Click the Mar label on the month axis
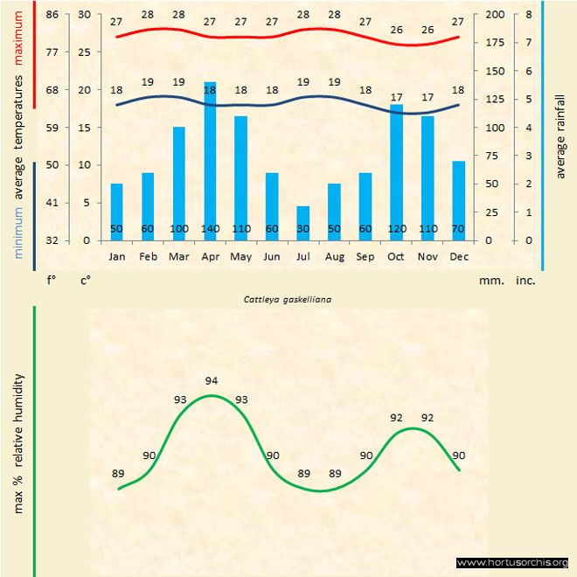point(178,257)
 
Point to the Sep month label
point(365,257)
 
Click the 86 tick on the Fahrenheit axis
point(52,15)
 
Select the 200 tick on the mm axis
point(495,15)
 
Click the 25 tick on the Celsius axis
point(83,52)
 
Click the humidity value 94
point(211,380)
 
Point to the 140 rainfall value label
point(210,229)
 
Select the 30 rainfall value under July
point(303,229)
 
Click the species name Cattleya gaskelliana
point(288,298)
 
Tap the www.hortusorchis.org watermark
point(512,562)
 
